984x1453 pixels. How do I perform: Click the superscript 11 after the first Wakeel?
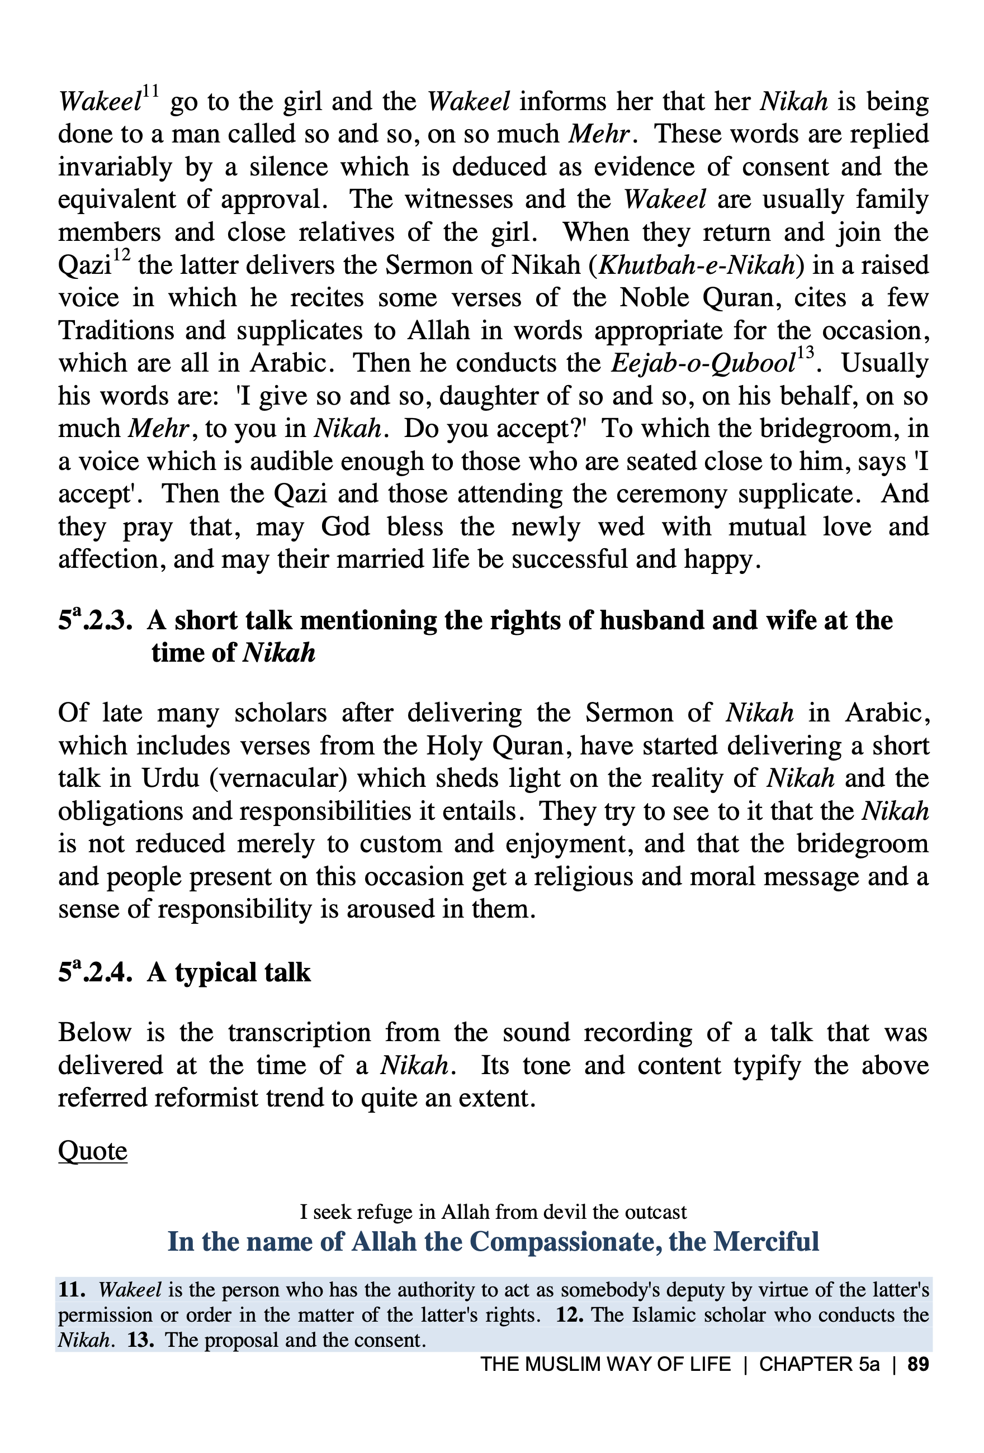[151, 93]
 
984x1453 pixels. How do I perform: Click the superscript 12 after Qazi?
[121, 256]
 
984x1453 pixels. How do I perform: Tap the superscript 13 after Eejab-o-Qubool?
[806, 353]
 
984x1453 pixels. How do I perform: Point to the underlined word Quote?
[93, 1151]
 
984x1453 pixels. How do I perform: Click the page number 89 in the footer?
[917, 1364]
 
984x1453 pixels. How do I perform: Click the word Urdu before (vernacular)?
[170, 779]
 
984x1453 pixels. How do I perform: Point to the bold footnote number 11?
[72, 1290]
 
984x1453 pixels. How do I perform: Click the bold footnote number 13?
[140, 1340]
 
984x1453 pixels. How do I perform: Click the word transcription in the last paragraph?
[299, 1033]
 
